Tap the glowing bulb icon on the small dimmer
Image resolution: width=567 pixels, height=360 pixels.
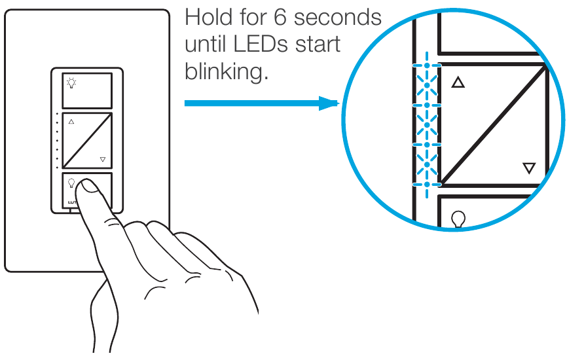coord(71,83)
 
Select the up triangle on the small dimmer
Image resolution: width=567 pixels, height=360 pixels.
coord(71,122)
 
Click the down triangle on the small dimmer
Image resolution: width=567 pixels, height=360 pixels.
coord(103,159)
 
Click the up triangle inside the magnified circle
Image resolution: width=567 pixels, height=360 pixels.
coord(458,83)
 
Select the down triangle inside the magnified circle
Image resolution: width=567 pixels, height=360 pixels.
coord(529,168)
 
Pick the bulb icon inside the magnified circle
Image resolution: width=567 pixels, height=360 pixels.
coord(459,218)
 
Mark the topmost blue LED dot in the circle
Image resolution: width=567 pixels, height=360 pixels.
coord(426,65)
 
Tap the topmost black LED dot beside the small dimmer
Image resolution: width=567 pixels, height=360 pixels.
coord(58,114)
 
